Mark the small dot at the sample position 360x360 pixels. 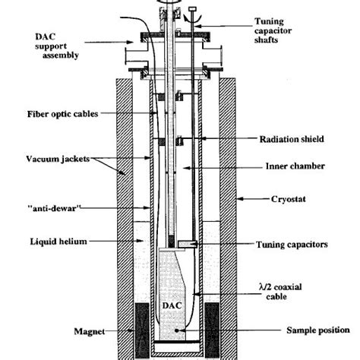pyautogui.click(x=178, y=330)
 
